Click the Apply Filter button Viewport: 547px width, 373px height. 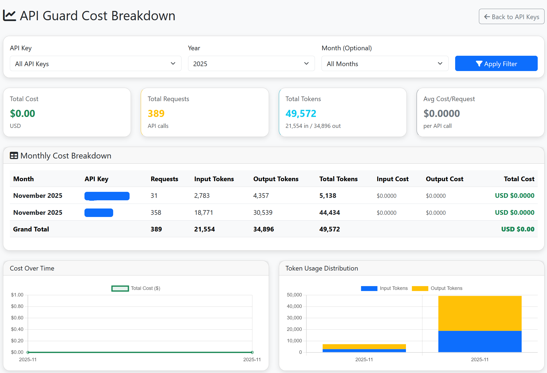tap(496, 64)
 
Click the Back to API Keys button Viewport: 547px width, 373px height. tap(511, 17)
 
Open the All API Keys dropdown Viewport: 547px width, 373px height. tap(95, 64)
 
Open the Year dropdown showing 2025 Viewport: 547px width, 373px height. tap(251, 64)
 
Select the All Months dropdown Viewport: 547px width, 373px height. tap(384, 64)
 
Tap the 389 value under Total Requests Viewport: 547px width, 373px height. tap(156, 113)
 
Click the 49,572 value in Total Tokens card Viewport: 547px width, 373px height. tap(301, 113)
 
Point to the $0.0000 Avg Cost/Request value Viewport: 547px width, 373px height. tap(441, 113)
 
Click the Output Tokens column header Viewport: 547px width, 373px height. tap(276, 179)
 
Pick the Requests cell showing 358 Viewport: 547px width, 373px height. tap(156, 213)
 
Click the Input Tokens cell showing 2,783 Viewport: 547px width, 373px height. tap(202, 196)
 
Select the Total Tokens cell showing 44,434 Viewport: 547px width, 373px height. tap(329, 213)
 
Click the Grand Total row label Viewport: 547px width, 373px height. tap(31, 229)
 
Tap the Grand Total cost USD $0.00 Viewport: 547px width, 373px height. tap(517, 229)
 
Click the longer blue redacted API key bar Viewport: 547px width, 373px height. tap(107, 196)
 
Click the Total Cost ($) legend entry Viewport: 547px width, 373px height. tap(136, 288)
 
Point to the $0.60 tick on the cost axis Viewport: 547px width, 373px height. tap(17, 318)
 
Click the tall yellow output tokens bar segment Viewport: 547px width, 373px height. tap(480, 313)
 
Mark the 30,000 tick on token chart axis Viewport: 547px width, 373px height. tap(294, 318)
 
